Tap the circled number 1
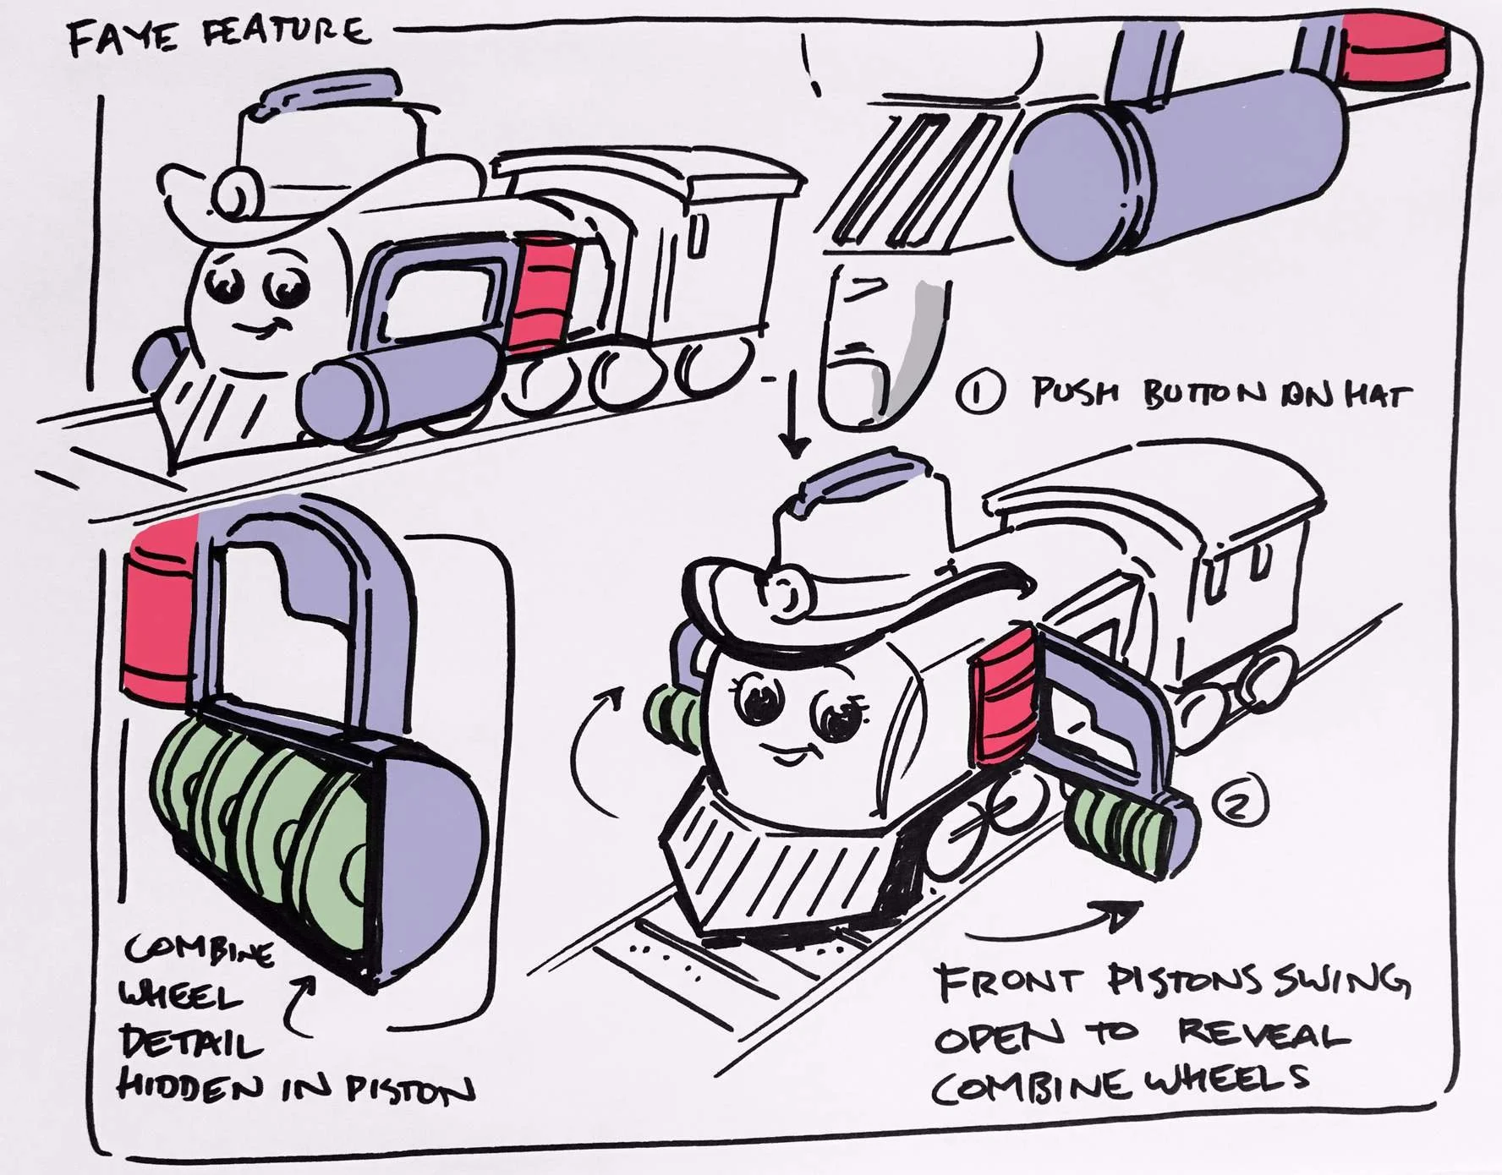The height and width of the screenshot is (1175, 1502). [981, 393]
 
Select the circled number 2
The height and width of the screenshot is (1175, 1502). [1240, 802]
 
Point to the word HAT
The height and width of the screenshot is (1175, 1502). [1378, 396]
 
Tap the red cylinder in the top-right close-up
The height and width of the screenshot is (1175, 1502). [1391, 49]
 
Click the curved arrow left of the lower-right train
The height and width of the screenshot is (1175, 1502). [592, 748]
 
